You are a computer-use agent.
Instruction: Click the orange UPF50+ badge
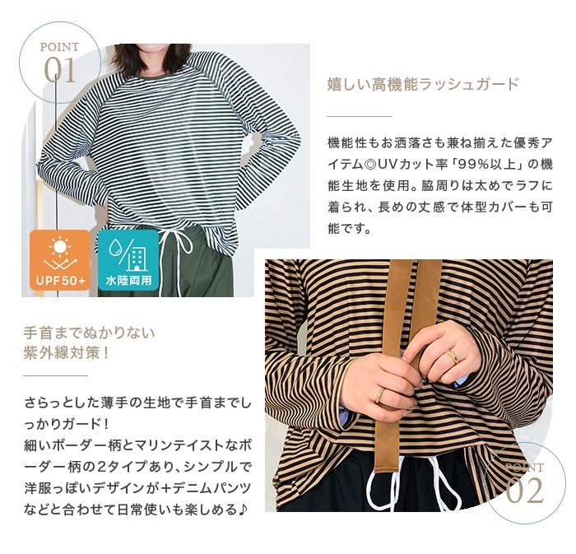point(60,260)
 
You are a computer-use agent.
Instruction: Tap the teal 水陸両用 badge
point(128,260)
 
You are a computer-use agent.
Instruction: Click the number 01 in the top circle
point(60,70)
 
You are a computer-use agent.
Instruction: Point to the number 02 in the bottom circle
point(524,491)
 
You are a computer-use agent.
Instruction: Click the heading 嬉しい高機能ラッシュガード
point(422,84)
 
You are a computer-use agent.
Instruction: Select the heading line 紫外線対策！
point(67,353)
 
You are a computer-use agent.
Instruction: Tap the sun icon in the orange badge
point(59,246)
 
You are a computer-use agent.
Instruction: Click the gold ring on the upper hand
point(453,356)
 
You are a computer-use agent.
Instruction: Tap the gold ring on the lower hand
point(379,395)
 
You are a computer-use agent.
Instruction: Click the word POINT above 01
point(59,47)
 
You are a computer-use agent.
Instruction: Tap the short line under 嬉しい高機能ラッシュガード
point(360,116)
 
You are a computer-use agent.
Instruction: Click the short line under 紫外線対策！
point(55,376)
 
